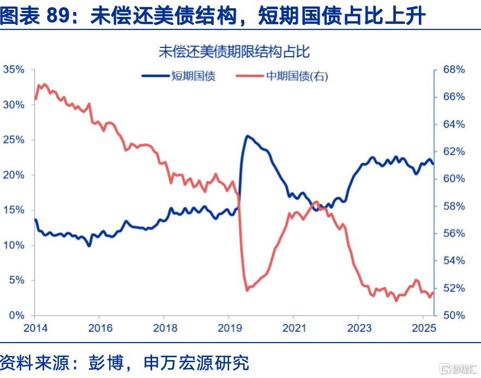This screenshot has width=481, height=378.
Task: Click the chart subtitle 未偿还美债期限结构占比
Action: point(234,51)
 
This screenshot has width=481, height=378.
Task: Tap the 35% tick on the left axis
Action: point(14,69)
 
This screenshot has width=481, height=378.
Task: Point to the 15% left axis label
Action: point(14,210)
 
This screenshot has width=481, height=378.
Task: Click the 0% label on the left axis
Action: point(16,315)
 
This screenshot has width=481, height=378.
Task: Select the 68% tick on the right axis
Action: point(454,69)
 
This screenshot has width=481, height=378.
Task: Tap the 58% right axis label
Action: point(454,206)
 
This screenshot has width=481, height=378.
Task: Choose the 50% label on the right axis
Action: point(454,315)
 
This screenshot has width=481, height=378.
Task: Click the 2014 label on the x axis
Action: point(35,328)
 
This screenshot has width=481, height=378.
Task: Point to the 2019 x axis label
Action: point(230,328)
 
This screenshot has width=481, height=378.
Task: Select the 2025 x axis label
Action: point(424,328)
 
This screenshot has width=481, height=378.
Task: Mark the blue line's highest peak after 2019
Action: point(247,136)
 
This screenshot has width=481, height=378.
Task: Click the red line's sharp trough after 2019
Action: point(247,290)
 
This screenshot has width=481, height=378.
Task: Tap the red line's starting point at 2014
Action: point(35,99)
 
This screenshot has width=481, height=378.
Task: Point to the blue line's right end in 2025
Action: point(433,164)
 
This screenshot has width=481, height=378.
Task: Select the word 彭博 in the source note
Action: point(106,363)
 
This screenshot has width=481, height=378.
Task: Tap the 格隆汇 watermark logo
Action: point(459,369)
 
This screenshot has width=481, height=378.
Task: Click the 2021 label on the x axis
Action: point(294,328)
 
